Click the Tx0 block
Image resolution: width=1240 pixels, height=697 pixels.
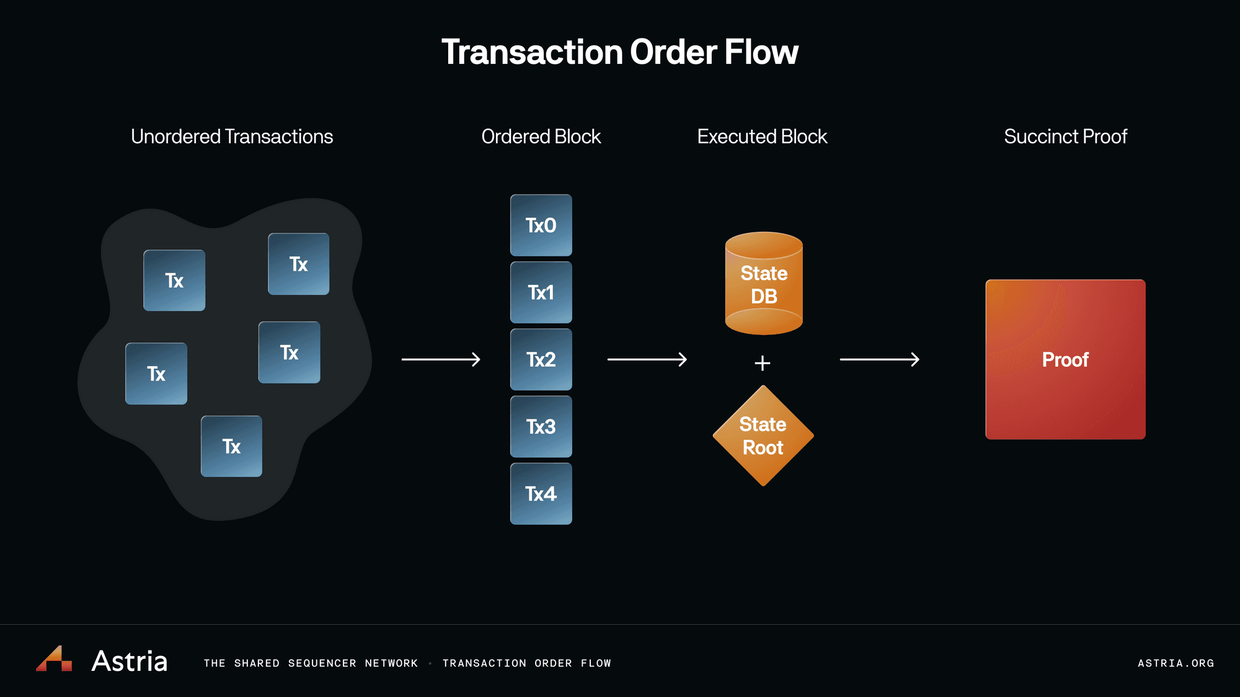pyautogui.click(x=541, y=226)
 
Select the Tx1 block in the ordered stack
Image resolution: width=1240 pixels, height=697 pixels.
pyautogui.click(x=541, y=292)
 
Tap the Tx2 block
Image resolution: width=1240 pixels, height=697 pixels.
pyautogui.click(x=541, y=359)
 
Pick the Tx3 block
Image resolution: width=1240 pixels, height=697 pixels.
pyautogui.click(x=541, y=427)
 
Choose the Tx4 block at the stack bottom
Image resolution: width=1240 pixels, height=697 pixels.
pyautogui.click(x=541, y=494)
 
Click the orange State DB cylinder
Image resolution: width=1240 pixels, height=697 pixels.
pyautogui.click(x=764, y=284)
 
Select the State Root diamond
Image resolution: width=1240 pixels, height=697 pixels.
pyautogui.click(x=763, y=436)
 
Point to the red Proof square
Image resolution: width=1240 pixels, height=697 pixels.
pyautogui.click(x=1065, y=359)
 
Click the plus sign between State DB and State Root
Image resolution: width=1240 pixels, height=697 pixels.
pyautogui.click(x=763, y=363)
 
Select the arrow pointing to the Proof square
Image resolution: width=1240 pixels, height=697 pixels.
pyautogui.click(x=879, y=359)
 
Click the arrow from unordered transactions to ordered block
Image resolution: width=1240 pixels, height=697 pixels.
pyautogui.click(x=441, y=359)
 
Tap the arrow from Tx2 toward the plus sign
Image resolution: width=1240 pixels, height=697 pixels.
pyautogui.click(x=647, y=359)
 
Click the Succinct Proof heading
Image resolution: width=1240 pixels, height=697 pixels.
pyautogui.click(x=1065, y=136)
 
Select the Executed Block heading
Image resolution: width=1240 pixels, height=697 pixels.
pyautogui.click(x=762, y=136)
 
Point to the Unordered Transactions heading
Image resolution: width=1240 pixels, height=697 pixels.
pyautogui.click(x=232, y=136)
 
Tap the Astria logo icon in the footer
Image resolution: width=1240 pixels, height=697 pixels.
pyautogui.click(x=55, y=659)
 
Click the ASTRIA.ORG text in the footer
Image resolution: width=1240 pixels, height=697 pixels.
pyautogui.click(x=1176, y=663)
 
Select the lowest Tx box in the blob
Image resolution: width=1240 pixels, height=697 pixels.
pyautogui.click(x=231, y=446)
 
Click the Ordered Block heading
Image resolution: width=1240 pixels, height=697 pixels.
pyautogui.click(x=541, y=136)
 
